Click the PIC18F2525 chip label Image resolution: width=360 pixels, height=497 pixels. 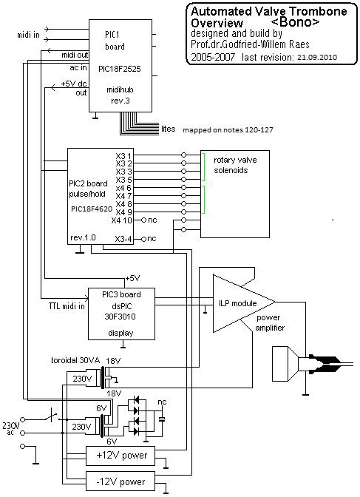coord(120,69)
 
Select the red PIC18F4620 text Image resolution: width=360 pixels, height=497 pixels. coord(92,209)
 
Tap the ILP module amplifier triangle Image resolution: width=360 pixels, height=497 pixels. coord(244,303)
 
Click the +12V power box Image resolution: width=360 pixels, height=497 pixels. coord(120,456)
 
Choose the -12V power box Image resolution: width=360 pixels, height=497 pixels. coord(120,481)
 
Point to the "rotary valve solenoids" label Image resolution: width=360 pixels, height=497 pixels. coord(235,165)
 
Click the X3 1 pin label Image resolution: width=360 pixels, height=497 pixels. coord(123,156)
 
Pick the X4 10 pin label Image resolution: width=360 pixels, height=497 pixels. coord(121,220)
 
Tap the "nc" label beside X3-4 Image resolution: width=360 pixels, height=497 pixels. coord(152,239)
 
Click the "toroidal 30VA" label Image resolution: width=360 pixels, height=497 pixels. coord(75,360)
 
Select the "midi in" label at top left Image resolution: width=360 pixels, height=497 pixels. coord(29,35)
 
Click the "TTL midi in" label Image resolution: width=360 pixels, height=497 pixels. coord(67,306)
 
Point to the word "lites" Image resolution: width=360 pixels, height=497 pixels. coord(169,129)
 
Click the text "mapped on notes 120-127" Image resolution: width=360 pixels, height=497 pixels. coord(228,129)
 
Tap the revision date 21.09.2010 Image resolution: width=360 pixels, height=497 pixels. coord(317,58)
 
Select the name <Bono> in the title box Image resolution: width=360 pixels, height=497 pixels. coord(296,22)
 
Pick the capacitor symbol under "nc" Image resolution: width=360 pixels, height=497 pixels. coord(162,419)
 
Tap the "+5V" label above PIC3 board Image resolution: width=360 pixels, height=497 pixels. coord(132,278)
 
